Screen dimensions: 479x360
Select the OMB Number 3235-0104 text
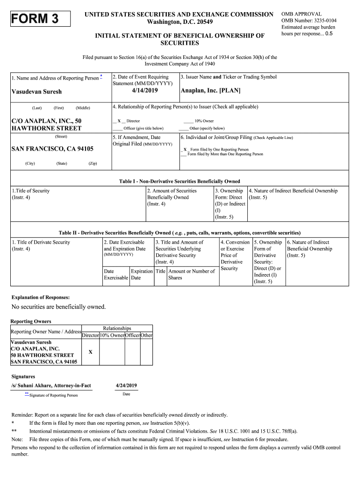click(x=309, y=21)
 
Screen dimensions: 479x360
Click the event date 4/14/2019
click(x=145, y=91)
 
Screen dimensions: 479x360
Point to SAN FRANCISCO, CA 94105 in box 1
click(x=52, y=149)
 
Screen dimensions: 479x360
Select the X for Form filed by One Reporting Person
click(x=185, y=149)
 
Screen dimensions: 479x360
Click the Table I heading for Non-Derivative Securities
click(x=180, y=181)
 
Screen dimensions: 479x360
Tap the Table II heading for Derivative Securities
click(x=180, y=232)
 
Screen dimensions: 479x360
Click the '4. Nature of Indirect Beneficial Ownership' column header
click(x=293, y=191)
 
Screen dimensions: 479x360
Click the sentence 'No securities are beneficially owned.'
click(x=59, y=307)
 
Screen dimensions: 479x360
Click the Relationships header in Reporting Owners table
click(x=117, y=328)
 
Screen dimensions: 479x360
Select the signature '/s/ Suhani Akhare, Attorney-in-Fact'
click(x=51, y=385)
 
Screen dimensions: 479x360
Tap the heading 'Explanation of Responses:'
click(x=40, y=297)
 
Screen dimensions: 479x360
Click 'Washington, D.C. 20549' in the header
click(x=180, y=22)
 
